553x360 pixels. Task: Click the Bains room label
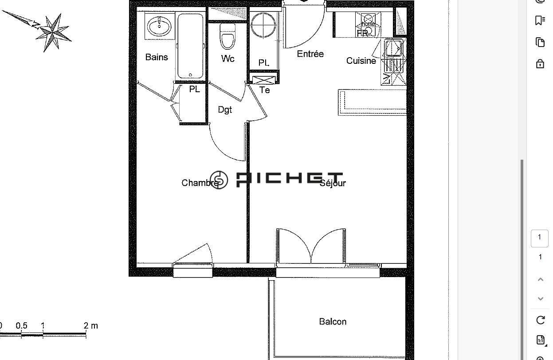click(x=157, y=57)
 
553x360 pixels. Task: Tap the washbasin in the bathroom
click(x=159, y=26)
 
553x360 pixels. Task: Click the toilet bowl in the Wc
click(x=228, y=37)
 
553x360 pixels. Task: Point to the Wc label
click(x=228, y=59)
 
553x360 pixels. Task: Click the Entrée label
click(x=310, y=54)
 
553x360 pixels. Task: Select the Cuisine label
click(x=361, y=61)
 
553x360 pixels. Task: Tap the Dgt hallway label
click(x=225, y=110)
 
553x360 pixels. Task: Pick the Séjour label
click(x=333, y=183)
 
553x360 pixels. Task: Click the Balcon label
click(x=333, y=321)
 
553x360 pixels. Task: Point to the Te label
click(x=265, y=90)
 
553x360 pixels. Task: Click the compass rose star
click(x=54, y=32)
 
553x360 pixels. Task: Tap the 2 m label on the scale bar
click(x=91, y=326)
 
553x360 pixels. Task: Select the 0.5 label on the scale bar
click(x=21, y=326)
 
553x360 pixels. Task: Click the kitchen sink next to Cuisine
click(x=394, y=48)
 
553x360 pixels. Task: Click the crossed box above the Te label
click(x=264, y=80)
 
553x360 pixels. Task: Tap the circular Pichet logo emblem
click(x=219, y=180)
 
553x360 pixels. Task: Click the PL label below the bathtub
click(x=194, y=89)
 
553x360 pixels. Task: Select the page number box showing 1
click(x=540, y=238)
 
